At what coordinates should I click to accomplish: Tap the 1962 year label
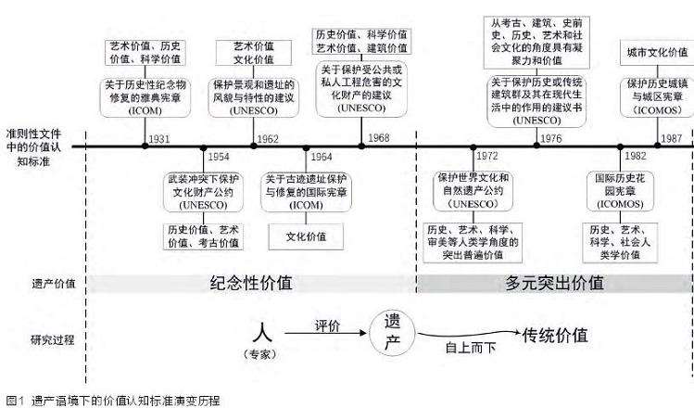268,138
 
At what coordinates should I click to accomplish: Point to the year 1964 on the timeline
321,156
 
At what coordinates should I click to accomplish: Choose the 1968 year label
378,138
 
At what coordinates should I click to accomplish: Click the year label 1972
487,156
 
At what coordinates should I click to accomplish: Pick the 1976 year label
550,138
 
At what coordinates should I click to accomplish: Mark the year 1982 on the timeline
637,156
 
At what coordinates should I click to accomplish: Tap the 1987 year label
673,138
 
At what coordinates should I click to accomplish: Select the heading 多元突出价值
555,283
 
